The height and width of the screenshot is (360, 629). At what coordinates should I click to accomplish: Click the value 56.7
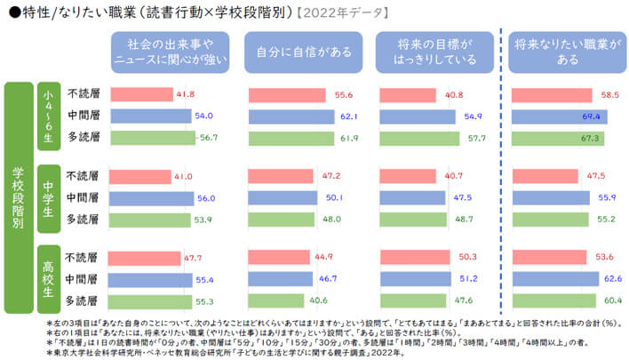pyautogui.click(x=210, y=138)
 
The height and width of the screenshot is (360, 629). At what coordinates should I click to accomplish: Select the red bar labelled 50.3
pyautogui.click(x=415, y=258)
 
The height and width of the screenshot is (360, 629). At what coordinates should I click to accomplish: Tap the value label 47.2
pyautogui.click(x=330, y=176)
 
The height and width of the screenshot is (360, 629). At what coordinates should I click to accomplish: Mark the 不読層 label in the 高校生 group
pyautogui.click(x=82, y=258)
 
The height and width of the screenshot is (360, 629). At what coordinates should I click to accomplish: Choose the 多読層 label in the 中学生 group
pyautogui.click(x=82, y=219)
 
